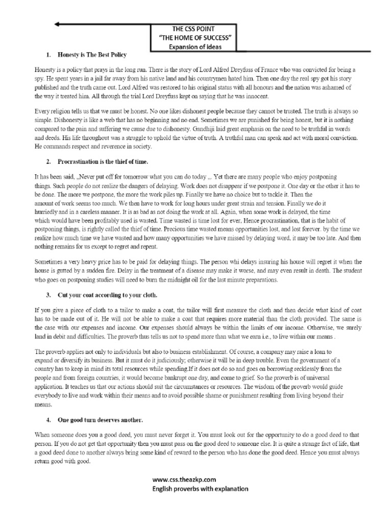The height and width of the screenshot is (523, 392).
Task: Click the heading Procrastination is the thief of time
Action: [103, 161]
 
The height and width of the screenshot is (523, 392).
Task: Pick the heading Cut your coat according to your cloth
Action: [107, 295]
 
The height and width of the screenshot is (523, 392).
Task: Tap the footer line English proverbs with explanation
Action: [200, 488]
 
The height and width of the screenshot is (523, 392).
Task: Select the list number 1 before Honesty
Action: [47, 54]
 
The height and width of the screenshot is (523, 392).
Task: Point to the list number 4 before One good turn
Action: [47, 420]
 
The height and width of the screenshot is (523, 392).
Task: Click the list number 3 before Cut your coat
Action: [47, 295]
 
